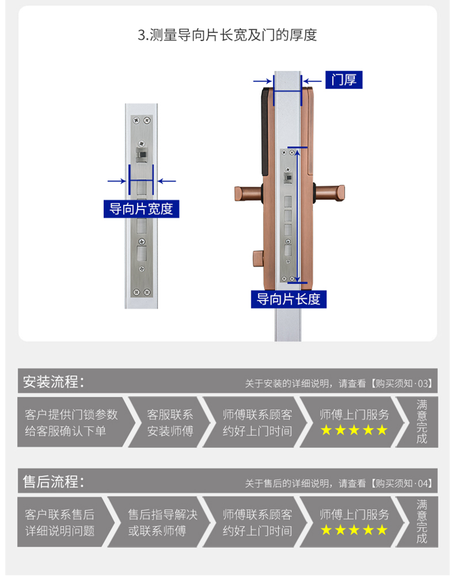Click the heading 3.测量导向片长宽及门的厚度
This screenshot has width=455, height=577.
tap(227, 35)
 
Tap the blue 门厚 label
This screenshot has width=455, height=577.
tap(344, 80)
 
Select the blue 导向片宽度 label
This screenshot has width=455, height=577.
tap(141, 209)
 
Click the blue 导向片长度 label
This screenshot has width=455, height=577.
tap(288, 299)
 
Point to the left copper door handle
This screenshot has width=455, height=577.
tap(249, 193)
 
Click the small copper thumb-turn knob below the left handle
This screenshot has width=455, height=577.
tap(258, 259)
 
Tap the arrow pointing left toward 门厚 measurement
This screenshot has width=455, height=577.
tap(312, 81)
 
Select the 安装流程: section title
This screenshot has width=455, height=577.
tap(53, 381)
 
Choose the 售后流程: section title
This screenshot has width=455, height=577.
tap(53, 482)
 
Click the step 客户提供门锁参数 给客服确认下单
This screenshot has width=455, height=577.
tap(71, 422)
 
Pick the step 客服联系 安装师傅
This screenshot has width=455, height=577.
tap(170, 422)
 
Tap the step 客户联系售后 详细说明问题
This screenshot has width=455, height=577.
tap(60, 522)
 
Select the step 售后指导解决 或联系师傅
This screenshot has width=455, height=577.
tap(162, 522)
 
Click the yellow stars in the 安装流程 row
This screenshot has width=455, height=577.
tap(354, 430)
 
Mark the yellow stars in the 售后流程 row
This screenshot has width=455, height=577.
tap(354, 530)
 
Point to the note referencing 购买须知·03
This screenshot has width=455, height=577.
tap(339, 384)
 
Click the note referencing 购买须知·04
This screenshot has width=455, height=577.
tap(339, 483)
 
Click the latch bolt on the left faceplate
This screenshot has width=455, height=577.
tap(141, 155)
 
